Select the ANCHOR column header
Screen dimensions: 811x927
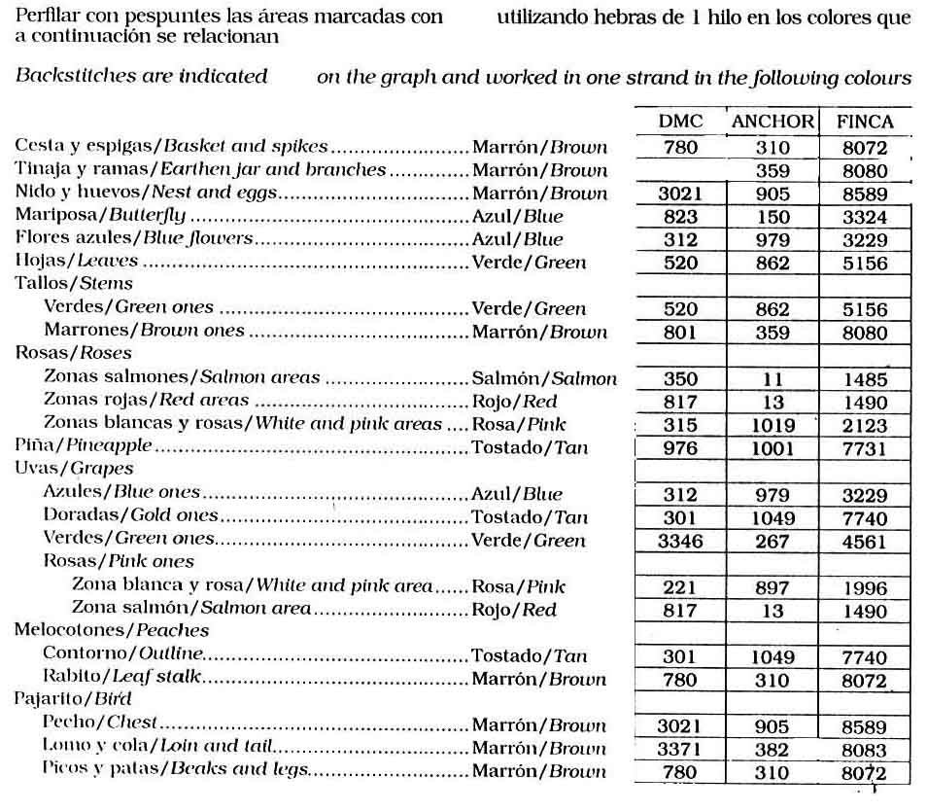point(772,123)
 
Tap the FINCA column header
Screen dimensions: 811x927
point(865,123)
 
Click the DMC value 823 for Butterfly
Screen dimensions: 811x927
point(679,217)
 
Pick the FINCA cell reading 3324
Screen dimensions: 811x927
point(865,217)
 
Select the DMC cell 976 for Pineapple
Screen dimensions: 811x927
point(679,448)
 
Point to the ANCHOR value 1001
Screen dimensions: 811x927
point(772,448)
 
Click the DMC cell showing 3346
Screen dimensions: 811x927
point(679,541)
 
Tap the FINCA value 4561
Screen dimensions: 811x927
point(865,541)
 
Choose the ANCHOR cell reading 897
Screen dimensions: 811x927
point(772,587)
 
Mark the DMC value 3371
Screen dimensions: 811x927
point(679,749)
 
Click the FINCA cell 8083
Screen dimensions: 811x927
point(865,749)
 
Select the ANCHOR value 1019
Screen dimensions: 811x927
point(772,425)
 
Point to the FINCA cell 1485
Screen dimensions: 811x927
point(865,378)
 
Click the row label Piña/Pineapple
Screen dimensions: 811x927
point(84,447)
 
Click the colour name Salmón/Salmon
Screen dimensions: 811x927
point(543,378)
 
